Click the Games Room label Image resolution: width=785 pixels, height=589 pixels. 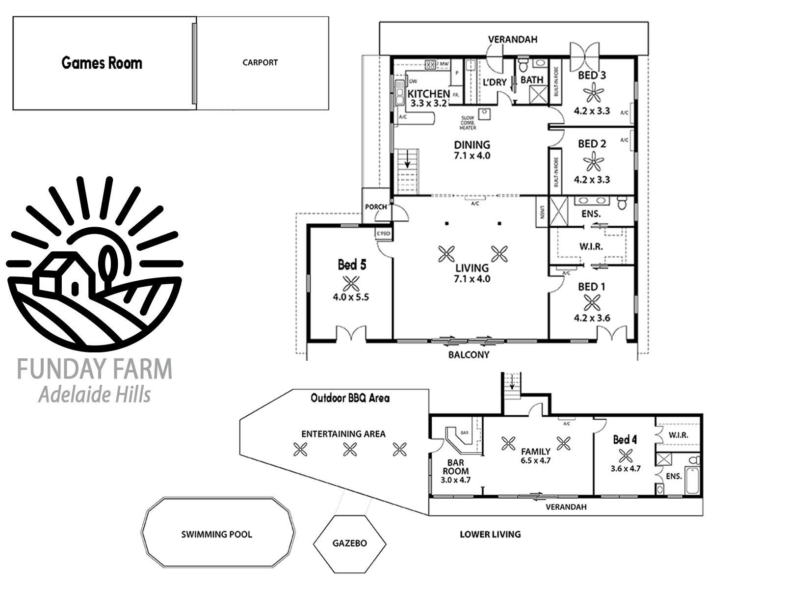(x=102, y=63)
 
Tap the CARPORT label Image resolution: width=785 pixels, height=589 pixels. (x=260, y=62)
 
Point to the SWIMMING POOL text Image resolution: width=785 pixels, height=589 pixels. (x=216, y=534)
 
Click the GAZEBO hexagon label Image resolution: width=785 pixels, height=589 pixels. (x=349, y=543)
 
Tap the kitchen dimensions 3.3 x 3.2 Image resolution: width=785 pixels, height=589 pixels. (x=428, y=104)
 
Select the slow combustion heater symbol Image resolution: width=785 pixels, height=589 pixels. (x=484, y=113)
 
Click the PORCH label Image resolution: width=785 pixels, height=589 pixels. (x=376, y=207)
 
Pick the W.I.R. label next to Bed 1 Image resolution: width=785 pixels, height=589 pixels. (x=591, y=246)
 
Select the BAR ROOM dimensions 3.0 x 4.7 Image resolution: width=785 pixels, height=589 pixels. (x=456, y=480)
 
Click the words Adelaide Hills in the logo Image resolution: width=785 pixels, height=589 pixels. (x=95, y=394)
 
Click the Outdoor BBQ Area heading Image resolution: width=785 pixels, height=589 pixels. (x=350, y=398)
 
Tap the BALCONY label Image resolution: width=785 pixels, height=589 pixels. (x=469, y=354)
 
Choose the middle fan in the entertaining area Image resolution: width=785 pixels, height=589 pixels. (x=349, y=449)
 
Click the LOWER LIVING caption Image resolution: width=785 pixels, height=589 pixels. (x=490, y=534)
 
